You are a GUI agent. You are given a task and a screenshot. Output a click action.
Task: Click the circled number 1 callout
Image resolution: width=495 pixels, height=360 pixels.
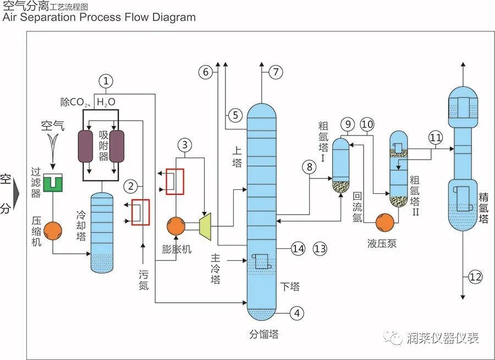coord(106,81)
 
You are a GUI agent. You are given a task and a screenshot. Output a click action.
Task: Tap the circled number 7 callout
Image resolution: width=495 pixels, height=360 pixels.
coord(276,72)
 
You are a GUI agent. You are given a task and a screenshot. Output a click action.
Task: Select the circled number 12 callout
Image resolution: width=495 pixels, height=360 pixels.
coord(475,277)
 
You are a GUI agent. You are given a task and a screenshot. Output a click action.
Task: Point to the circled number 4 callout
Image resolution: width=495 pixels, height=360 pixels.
coord(296,314)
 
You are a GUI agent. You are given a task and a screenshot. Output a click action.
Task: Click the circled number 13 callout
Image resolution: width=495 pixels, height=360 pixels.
coord(320,249)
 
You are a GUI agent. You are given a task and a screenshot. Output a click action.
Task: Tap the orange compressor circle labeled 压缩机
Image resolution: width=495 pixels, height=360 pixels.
coord(53,231)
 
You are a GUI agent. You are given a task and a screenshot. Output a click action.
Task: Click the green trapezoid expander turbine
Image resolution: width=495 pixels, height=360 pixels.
coord(205,225)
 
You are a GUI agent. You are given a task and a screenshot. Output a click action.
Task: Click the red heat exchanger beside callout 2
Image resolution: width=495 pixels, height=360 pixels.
coord(141,212)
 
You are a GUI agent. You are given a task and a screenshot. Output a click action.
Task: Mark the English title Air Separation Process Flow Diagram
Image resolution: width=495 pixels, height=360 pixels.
coord(99,17)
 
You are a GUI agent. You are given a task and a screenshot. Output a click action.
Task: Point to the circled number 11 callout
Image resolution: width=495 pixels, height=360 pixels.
coord(436,137)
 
